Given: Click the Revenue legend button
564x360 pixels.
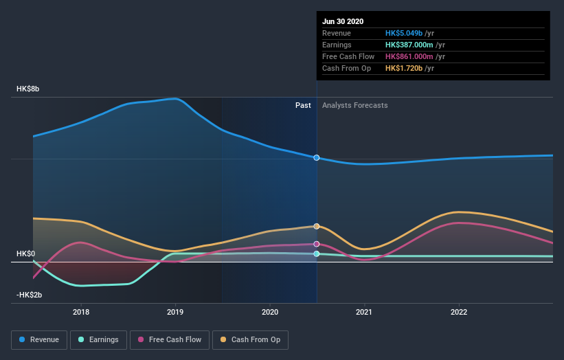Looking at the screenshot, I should [x=40, y=339].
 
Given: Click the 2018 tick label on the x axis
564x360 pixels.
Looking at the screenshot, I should [x=81, y=312].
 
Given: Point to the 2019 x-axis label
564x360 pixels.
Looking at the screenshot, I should [x=175, y=312].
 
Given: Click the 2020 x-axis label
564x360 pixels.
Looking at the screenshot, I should [x=270, y=312].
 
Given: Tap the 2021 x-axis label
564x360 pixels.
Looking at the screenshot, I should [x=364, y=312].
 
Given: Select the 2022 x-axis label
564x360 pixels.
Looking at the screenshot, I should [x=459, y=312].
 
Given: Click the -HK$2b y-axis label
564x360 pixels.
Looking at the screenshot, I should [x=30, y=295].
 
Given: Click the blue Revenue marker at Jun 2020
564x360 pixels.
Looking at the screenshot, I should [x=317, y=158].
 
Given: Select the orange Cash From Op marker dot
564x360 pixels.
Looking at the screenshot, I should [x=317, y=226].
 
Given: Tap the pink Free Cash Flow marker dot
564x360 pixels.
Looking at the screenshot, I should [x=317, y=244].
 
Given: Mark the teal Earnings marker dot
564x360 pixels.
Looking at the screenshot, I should [x=317, y=254].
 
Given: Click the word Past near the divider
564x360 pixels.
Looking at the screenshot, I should [x=303, y=106].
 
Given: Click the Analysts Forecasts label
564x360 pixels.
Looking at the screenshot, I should [x=354, y=106].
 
